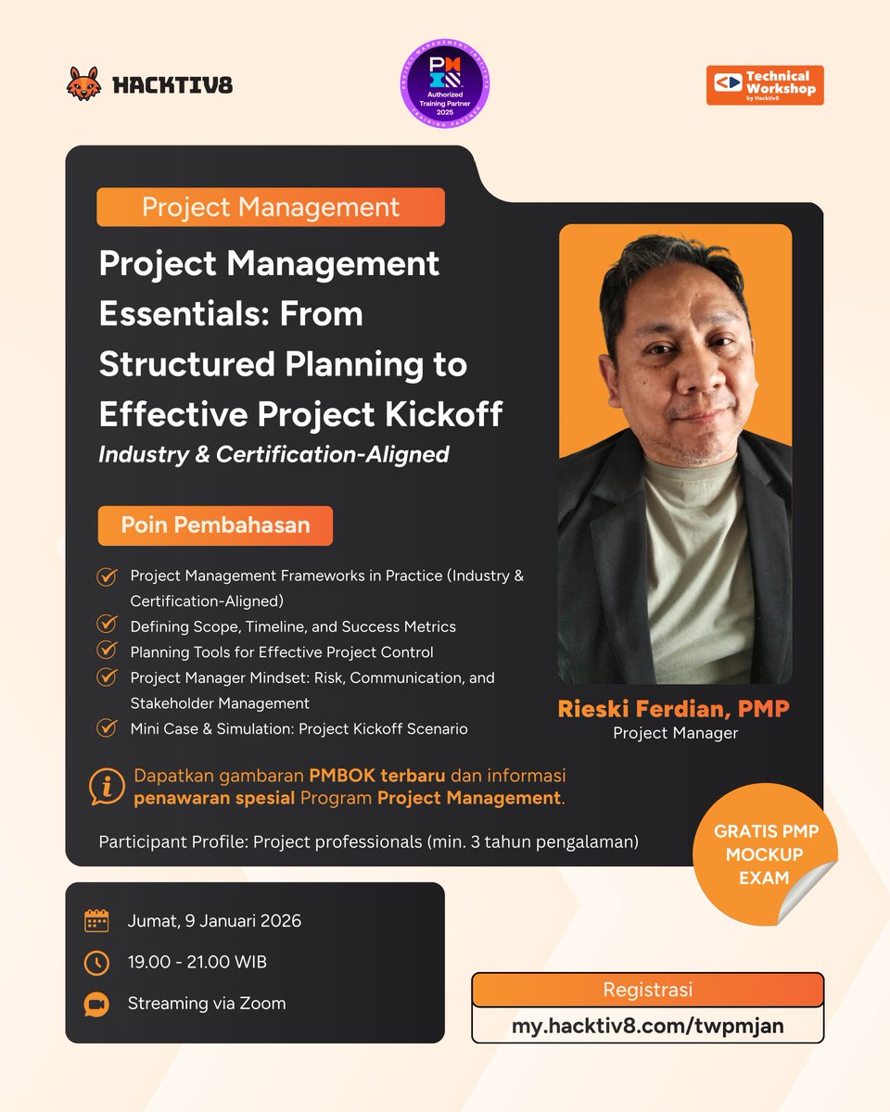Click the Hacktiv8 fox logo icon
85,83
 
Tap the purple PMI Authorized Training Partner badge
445,84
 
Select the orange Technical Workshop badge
764,85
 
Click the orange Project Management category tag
271,207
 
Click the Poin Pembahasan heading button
215,525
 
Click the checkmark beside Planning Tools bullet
107,651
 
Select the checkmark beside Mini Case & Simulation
107,727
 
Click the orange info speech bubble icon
108,787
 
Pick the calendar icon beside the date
96,920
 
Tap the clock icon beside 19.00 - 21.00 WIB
96,963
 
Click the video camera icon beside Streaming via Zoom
96,1004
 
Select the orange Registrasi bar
647,989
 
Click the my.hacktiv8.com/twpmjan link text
647,1027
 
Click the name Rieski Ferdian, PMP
674,710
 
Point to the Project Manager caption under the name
674,734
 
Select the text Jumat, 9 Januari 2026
214,921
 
